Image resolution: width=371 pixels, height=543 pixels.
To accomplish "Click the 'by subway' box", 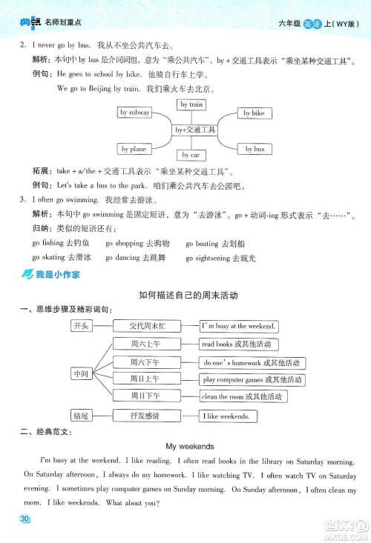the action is point(134,113).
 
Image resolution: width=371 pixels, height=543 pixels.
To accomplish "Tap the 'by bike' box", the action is point(254,113).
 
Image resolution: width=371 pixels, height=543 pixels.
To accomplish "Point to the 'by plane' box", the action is point(134,149).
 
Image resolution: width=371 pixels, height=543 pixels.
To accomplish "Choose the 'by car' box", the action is point(191,155).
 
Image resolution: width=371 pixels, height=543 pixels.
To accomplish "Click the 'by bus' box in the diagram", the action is point(255,149).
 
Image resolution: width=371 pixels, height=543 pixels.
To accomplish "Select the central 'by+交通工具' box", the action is point(194,130).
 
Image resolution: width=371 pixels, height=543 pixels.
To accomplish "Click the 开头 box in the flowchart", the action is point(80,326).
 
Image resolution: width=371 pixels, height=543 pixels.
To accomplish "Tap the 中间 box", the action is point(81,374).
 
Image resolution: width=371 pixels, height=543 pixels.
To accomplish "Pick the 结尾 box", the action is point(80,416).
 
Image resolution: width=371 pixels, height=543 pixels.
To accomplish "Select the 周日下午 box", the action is point(145,396).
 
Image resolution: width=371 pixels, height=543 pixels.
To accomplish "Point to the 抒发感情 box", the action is point(145,416).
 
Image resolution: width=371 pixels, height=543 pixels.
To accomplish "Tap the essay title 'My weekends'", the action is point(190,446).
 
